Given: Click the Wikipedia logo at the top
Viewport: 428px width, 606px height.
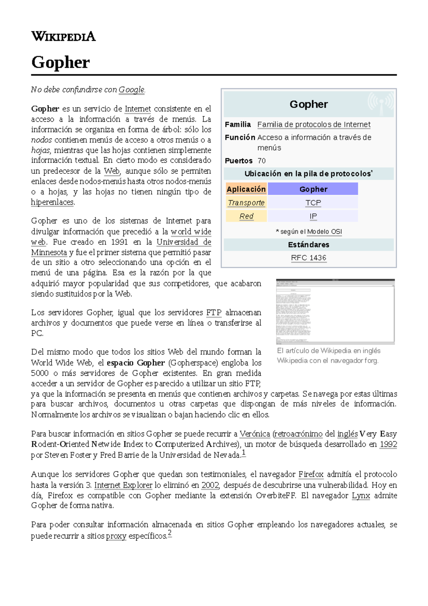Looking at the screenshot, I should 63,36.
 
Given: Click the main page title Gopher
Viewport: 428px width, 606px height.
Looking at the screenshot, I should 60,62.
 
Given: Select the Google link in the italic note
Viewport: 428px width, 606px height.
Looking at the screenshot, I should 131,90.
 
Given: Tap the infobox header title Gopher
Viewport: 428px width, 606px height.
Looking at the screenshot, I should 309,104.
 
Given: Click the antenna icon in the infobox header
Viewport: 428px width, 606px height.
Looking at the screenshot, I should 381,103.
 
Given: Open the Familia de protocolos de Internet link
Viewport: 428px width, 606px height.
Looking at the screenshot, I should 314,125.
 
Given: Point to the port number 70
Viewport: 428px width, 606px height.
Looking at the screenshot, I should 261,161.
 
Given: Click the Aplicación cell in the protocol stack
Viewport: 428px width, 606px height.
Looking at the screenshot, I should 246,189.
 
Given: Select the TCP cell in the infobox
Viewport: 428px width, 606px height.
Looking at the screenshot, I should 313,203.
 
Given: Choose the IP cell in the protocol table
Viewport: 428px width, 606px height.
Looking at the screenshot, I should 313,216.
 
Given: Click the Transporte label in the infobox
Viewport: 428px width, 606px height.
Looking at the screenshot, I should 246,203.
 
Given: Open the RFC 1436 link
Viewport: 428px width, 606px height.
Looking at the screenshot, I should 309,258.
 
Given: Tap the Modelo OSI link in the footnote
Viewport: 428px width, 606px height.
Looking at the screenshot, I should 324,232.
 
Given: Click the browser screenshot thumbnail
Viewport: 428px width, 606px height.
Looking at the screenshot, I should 335,311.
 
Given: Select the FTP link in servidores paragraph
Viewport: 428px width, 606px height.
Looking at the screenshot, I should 214,313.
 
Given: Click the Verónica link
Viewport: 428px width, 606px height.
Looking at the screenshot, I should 255,434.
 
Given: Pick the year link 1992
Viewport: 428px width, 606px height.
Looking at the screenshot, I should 388,444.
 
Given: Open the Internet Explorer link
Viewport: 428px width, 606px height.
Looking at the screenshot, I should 123,485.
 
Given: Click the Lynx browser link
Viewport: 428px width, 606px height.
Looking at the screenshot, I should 361,495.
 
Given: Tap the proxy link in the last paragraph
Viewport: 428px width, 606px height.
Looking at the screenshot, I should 116,536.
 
